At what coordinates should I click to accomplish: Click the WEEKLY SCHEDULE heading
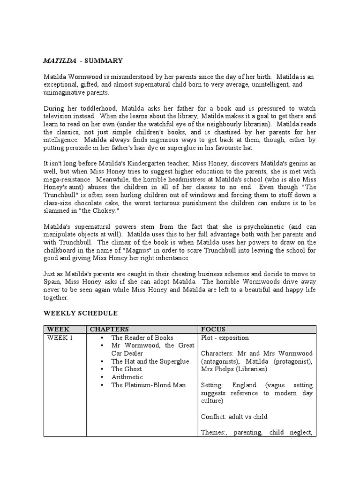(81, 313)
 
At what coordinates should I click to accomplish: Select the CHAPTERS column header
(109, 329)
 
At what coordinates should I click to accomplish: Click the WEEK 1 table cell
(59, 337)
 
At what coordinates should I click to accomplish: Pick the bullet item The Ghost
(127, 369)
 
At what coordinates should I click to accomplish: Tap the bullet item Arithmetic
(127, 377)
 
